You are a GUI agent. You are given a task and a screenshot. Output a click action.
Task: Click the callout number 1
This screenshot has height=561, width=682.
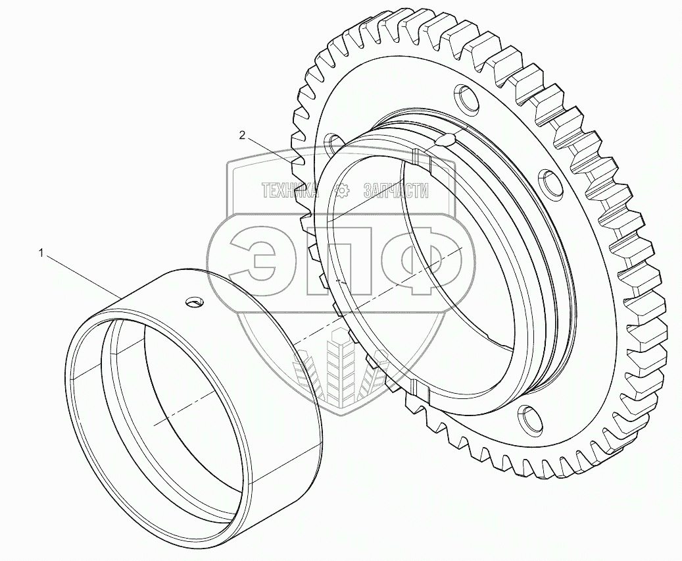(x=41, y=253)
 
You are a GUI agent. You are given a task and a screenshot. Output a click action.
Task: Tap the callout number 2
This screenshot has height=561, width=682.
(x=242, y=136)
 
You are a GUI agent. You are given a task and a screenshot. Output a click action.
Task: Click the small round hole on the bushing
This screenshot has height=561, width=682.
(x=194, y=302)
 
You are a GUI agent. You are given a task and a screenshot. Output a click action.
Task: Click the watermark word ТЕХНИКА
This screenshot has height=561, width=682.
(x=290, y=190)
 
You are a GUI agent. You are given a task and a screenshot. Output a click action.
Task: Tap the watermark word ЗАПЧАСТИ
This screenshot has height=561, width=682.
(x=395, y=190)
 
